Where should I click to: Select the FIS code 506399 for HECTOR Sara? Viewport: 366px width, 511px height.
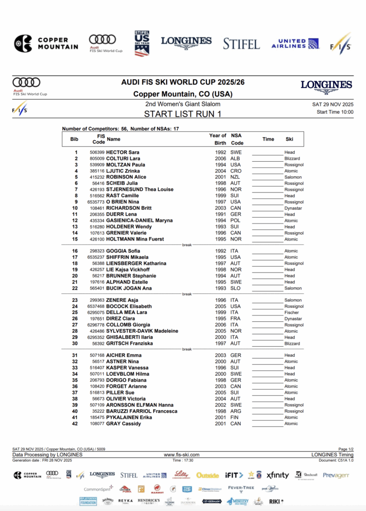point(97,152)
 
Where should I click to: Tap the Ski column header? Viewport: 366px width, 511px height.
point(289,139)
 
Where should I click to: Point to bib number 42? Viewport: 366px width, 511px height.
point(75,424)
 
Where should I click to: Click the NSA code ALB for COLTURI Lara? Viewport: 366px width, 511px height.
point(235,159)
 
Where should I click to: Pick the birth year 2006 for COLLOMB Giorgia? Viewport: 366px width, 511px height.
point(221,325)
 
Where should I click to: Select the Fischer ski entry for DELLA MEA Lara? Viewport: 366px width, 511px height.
point(292,312)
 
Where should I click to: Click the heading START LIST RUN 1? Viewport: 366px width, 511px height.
point(183,113)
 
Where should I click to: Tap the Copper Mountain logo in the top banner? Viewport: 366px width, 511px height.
point(46,43)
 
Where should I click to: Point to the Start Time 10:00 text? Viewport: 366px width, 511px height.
point(335,112)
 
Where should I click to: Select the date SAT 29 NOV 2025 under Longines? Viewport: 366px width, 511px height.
point(332,104)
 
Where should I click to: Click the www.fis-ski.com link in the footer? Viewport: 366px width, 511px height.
point(182,455)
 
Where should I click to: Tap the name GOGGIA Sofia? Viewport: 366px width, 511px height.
point(122,251)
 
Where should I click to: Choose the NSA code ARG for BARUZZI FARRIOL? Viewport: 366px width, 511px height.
point(235,411)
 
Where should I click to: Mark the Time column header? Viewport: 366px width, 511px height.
point(268,139)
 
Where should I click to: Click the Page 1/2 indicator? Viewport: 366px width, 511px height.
point(346,449)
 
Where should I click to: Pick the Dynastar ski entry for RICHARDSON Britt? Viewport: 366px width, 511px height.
point(293,208)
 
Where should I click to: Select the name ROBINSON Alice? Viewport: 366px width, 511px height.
point(126,177)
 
